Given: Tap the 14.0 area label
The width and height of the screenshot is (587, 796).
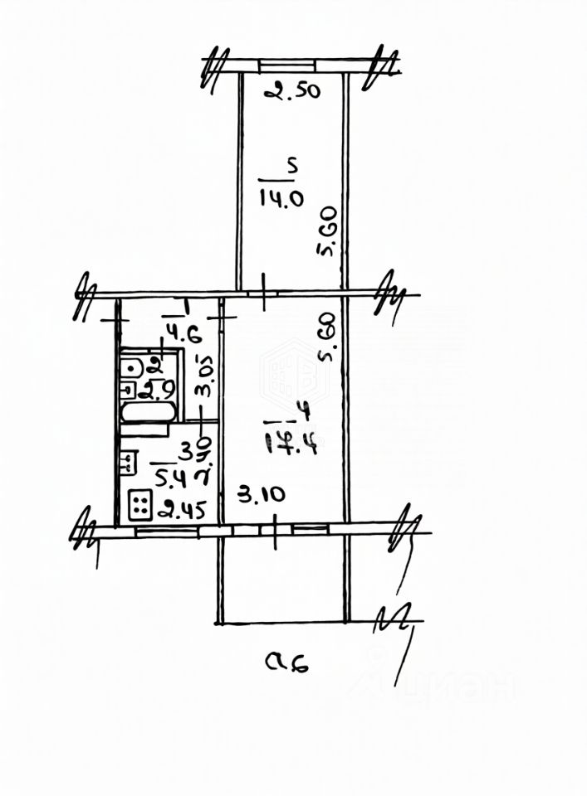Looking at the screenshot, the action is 282,197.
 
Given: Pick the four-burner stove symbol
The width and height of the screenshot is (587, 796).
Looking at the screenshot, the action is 139,503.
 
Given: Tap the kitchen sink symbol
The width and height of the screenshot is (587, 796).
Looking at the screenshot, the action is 130,461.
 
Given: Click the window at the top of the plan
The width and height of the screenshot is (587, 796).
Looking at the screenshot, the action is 286,63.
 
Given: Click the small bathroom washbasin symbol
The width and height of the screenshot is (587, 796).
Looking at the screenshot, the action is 129,387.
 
